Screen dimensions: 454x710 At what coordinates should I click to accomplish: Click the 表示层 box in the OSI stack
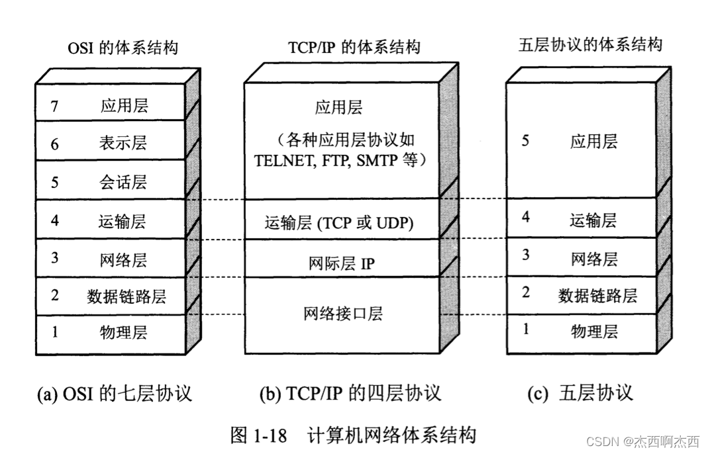point(110,142)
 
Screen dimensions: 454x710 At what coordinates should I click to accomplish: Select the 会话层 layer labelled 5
point(110,181)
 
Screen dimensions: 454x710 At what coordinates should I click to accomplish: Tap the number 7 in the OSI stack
point(55,105)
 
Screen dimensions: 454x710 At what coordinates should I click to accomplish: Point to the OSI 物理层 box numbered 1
point(110,332)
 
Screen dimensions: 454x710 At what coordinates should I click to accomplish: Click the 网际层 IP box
point(342,263)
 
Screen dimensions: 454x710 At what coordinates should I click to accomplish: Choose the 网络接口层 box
point(342,313)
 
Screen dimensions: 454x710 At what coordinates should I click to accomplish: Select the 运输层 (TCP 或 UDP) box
point(342,223)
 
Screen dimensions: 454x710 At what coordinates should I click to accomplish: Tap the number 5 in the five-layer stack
point(525,141)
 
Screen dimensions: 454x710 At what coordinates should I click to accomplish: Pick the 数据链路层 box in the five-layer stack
point(582,295)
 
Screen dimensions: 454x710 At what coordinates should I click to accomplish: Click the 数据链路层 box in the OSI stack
point(110,296)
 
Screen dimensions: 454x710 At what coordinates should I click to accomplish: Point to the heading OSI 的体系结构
point(123,48)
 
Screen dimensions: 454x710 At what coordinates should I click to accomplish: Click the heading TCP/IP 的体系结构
point(354,48)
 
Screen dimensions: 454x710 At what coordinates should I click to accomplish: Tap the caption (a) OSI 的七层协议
point(115,394)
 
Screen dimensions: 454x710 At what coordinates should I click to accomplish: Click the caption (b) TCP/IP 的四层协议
point(350,394)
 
